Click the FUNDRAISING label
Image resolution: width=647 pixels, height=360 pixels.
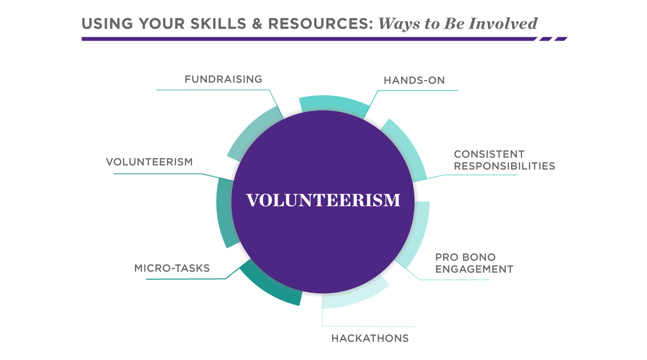(223, 79)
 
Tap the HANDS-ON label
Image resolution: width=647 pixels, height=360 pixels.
(414, 81)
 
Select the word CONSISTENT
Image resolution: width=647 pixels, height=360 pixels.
(489, 154)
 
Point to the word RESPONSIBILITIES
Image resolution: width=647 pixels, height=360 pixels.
(504, 166)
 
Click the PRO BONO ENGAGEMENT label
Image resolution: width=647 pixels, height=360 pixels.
(474, 263)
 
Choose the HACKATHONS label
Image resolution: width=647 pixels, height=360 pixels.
(370, 338)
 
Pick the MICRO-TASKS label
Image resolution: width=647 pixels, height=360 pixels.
(172, 268)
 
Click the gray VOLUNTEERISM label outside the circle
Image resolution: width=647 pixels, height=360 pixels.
(149, 162)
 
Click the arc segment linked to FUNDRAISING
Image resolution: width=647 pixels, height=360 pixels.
(252, 131)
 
